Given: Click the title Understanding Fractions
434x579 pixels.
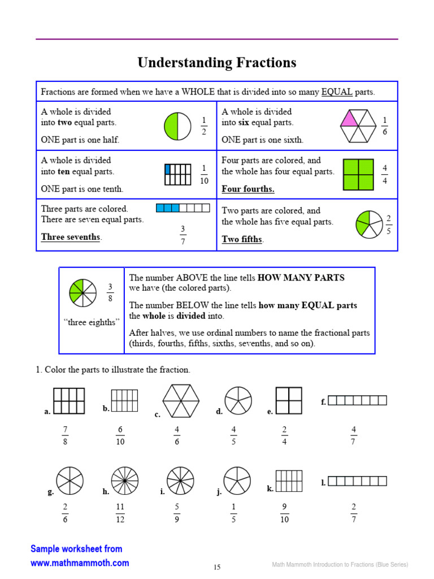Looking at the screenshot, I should [x=217, y=63].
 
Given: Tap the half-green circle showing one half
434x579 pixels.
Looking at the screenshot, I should [x=178, y=126].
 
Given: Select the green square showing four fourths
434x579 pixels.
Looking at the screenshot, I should [x=358, y=174].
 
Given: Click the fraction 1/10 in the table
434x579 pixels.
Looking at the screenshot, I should [x=204, y=174].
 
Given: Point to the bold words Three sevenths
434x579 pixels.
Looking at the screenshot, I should [x=71, y=237].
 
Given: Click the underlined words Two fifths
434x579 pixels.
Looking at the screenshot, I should [x=242, y=239].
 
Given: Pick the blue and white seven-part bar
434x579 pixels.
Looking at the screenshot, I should [x=183, y=208].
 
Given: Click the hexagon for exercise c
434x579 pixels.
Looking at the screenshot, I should [x=181, y=400].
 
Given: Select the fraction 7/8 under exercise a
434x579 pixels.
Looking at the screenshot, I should [x=65, y=436].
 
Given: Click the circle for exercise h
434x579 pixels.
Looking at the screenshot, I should [x=124, y=481].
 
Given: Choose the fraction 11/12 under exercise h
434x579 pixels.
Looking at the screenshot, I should [x=120, y=513].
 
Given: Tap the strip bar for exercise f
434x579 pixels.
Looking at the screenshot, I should [x=357, y=400].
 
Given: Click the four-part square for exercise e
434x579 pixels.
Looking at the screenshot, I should [x=289, y=401].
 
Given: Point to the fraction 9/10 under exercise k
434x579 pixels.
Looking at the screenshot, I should [x=284, y=513].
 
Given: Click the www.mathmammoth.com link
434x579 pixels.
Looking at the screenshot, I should [x=80, y=563].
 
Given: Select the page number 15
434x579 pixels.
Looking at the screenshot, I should [x=217, y=567].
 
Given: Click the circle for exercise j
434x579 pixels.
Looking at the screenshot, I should [x=237, y=481].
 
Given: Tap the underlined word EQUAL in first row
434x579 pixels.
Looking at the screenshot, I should [x=337, y=92].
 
